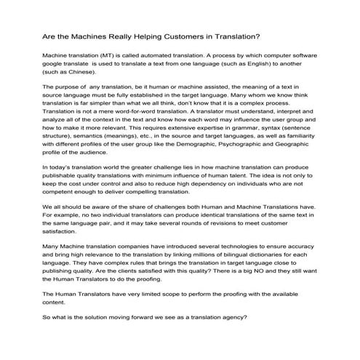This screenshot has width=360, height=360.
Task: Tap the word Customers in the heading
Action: click(x=196, y=36)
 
